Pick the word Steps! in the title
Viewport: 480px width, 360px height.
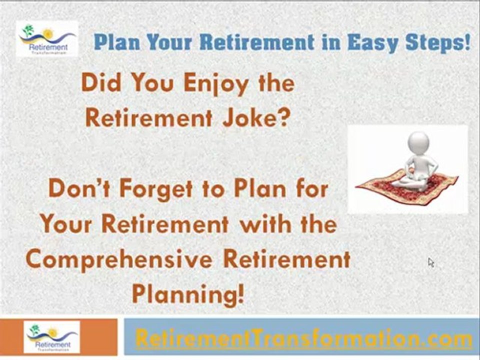(439, 43)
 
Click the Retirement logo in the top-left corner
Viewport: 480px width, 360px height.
(47, 38)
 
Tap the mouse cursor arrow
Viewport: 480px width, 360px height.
(430, 262)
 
